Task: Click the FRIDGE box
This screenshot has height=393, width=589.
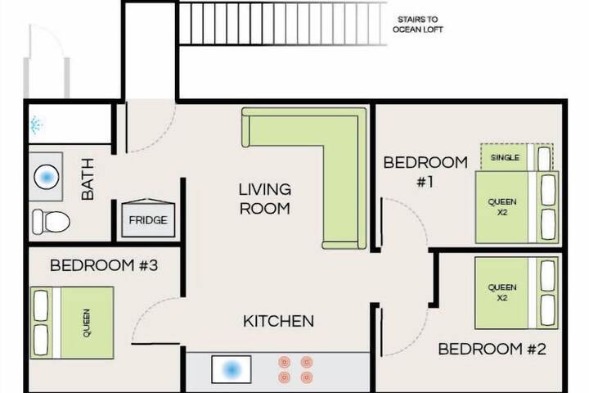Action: point(147,219)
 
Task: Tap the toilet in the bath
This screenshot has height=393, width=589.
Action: point(51,220)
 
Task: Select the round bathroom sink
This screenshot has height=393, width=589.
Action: point(47,176)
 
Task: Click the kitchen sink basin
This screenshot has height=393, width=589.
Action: point(231,368)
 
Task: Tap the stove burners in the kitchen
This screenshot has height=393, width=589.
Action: point(295,368)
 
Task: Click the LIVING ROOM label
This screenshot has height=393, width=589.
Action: point(264,199)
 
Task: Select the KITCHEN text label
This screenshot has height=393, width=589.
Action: point(278,321)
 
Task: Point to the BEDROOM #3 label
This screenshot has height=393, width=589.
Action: point(103,265)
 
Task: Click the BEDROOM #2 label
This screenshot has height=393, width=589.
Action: point(492,350)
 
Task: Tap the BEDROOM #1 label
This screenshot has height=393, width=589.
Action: point(425,171)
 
